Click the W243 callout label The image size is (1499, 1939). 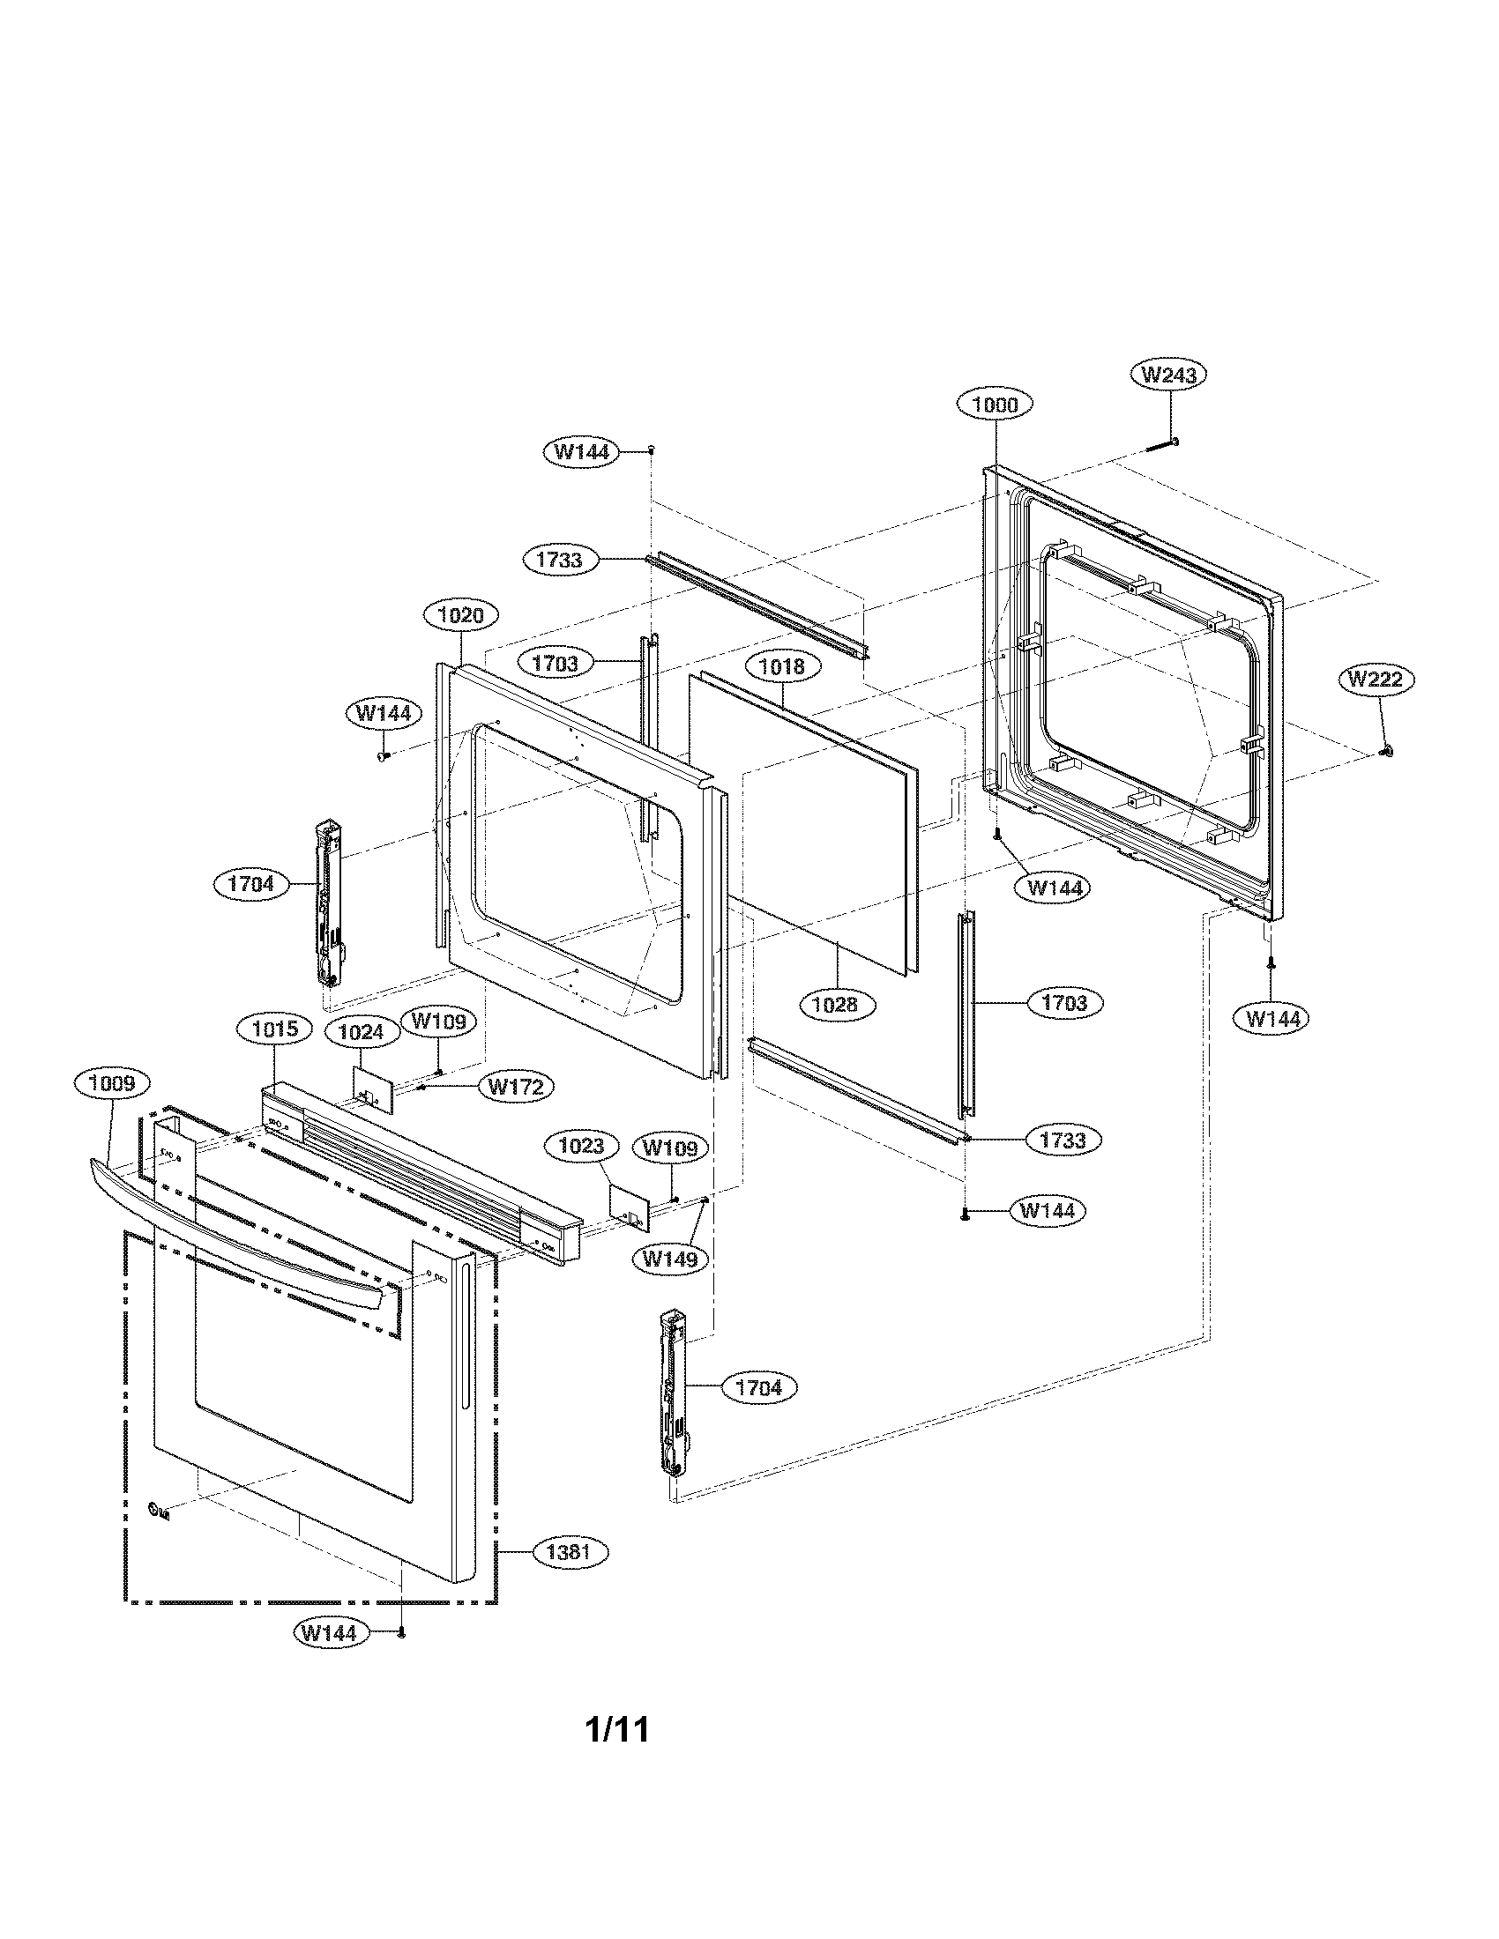[x=1168, y=375]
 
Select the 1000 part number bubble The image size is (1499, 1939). [x=995, y=405]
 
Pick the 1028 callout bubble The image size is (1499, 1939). [x=836, y=1004]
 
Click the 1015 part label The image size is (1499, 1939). [x=274, y=1029]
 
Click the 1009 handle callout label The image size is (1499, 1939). [x=111, y=1083]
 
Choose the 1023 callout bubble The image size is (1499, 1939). [x=581, y=1146]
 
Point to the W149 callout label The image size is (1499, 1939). [x=668, y=1258]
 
